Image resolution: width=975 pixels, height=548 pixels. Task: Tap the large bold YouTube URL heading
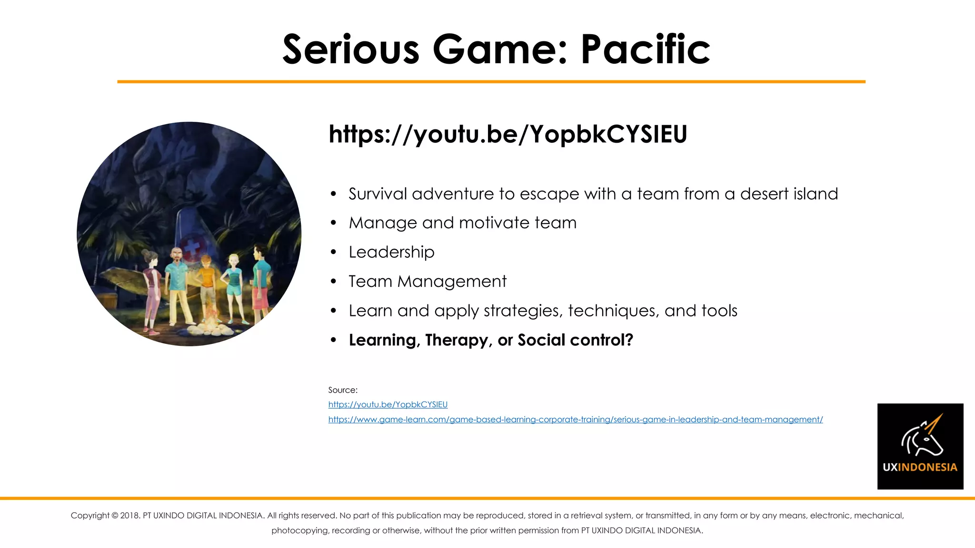pos(507,134)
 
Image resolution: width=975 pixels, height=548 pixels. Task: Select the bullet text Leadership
pos(391,252)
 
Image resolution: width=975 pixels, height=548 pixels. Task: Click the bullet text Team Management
pos(428,282)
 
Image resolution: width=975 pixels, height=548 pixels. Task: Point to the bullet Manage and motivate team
pos(462,223)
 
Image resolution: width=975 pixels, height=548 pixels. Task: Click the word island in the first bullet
pos(816,194)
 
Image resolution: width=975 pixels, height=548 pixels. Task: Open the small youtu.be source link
pos(388,405)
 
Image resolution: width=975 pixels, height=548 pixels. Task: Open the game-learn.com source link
pos(575,420)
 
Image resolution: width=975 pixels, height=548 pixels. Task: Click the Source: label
pos(343,390)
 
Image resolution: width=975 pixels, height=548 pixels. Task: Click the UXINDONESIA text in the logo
pos(920,467)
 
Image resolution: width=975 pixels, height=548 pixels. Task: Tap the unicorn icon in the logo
pos(922,435)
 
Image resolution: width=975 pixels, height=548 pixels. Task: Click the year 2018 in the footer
pos(129,516)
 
